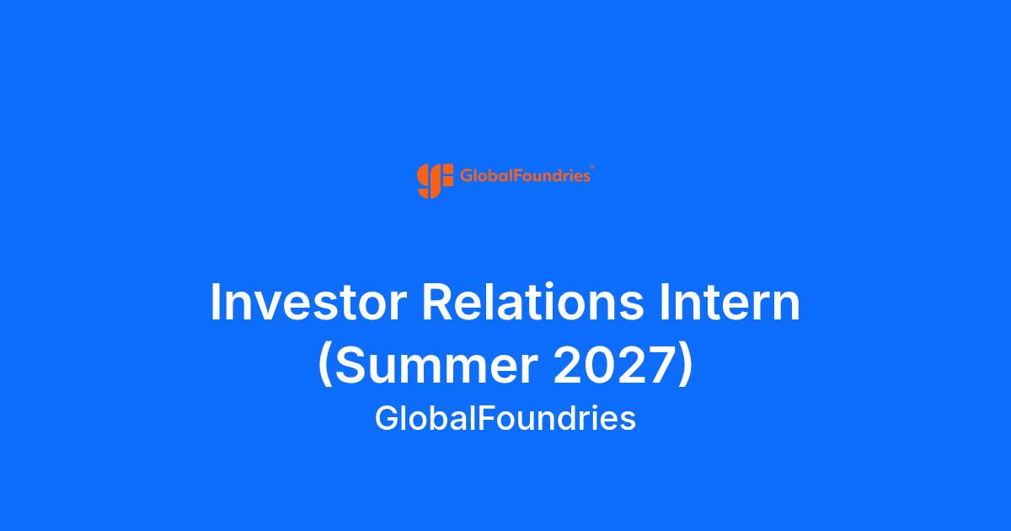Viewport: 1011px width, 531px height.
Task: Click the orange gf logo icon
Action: (435, 181)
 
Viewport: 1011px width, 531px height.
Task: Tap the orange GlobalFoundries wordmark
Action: (525, 175)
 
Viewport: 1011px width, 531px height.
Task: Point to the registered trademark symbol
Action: (592, 167)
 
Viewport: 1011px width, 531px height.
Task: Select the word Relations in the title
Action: (532, 302)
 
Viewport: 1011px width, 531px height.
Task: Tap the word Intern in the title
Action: (730, 302)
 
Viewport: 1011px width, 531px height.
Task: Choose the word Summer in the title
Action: (436, 365)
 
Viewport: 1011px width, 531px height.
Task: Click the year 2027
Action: (613, 365)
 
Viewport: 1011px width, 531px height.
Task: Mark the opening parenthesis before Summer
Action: (325, 366)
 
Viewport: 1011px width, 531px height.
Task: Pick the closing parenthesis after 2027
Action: (685, 366)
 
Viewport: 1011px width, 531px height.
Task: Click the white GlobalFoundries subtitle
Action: (505, 418)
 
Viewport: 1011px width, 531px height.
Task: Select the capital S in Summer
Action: (350, 365)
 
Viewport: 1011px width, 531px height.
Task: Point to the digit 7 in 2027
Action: (660, 365)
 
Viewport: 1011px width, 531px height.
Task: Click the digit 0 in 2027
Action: (598, 365)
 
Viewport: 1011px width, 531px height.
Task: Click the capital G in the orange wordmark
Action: (466, 175)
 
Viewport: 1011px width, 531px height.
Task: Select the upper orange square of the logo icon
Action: (447, 169)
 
